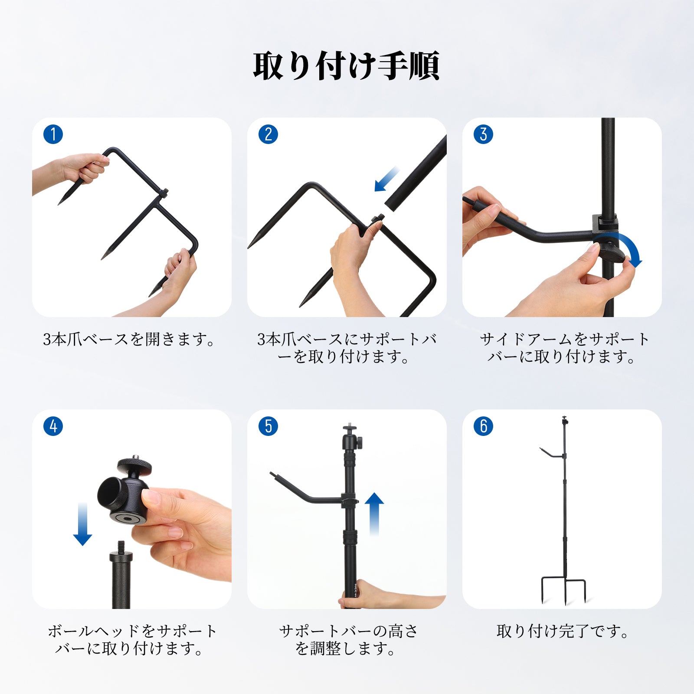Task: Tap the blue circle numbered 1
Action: (53, 134)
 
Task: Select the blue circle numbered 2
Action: (268, 134)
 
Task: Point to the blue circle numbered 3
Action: (484, 134)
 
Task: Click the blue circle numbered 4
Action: (53, 426)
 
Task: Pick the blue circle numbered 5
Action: (268, 426)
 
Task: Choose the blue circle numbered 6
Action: (484, 426)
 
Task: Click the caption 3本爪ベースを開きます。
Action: (129, 339)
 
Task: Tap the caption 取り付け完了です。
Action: (563, 631)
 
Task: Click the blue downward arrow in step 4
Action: (82, 524)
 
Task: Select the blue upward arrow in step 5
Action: (374, 514)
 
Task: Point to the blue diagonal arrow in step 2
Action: (387, 179)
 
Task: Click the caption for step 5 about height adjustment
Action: (347, 640)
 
